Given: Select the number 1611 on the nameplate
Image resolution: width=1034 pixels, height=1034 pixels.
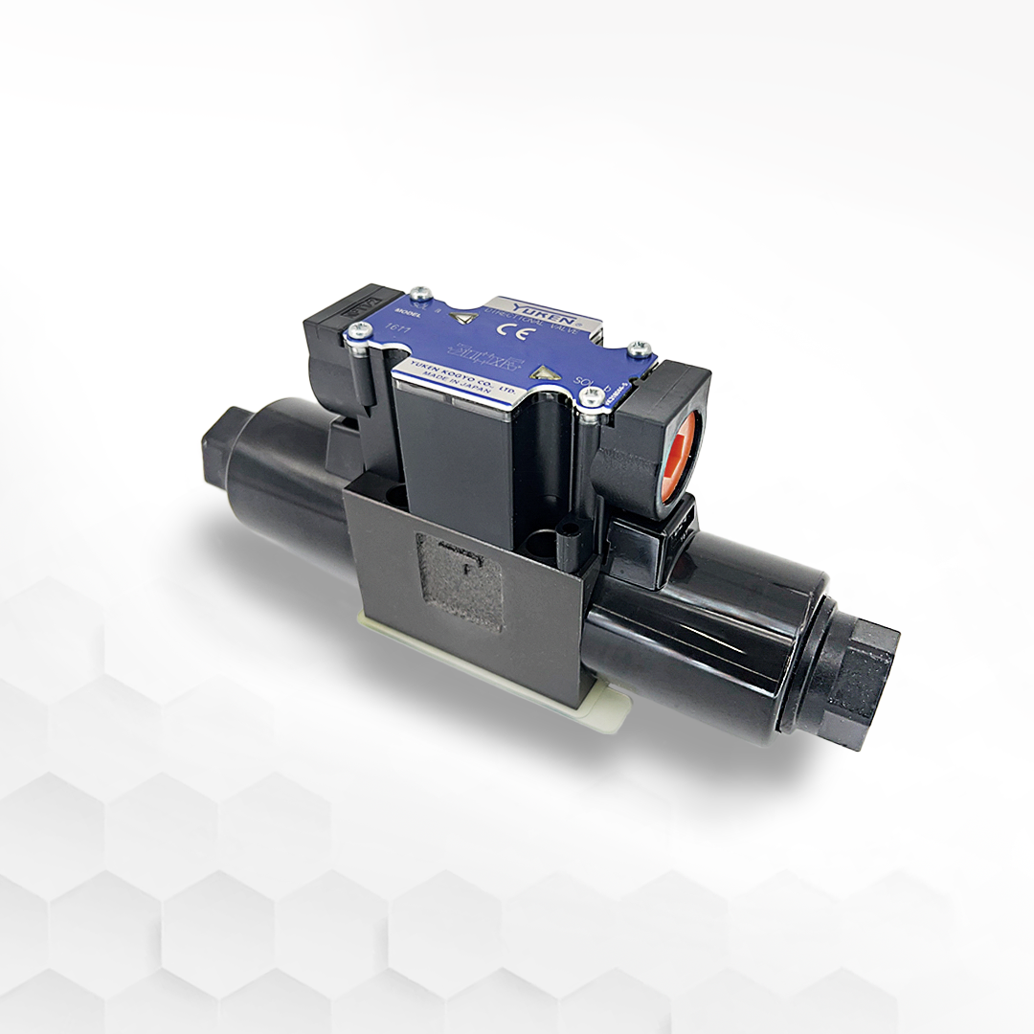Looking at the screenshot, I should click(x=393, y=331).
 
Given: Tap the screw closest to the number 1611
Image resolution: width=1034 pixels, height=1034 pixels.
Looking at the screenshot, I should click(x=359, y=330).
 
